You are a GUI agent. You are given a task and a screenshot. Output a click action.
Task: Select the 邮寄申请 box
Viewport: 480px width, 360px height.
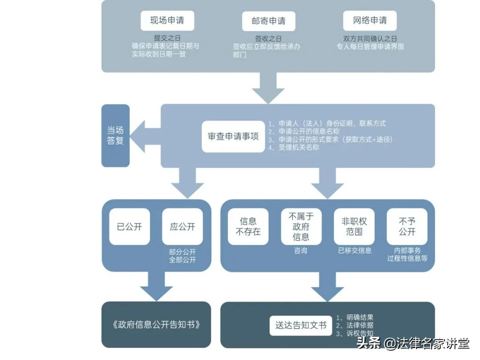click(268, 21)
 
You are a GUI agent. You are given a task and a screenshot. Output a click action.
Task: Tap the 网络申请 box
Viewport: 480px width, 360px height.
click(370, 20)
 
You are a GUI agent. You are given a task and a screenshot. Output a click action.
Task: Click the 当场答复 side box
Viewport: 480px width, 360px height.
click(115, 136)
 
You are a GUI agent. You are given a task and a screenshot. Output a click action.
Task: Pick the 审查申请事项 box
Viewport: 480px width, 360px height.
click(233, 136)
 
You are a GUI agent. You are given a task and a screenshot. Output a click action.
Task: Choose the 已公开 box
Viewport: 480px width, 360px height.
click(129, 227)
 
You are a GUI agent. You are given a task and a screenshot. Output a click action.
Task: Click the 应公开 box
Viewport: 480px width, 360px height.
click(182, 227)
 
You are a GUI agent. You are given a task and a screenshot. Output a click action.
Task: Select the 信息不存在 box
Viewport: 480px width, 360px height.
click(248, 227)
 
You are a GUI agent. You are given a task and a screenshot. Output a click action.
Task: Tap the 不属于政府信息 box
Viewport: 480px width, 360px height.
click(301, 227)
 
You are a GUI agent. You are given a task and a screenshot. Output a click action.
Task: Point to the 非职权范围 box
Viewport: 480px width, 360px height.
click(354, 227)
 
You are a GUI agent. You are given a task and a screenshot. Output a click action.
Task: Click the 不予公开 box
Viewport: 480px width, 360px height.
click(407, 227)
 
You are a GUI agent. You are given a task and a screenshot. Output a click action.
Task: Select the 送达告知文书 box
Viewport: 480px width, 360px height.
click(301, 325)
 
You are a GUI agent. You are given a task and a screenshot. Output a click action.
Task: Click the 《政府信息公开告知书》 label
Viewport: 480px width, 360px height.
click(156, 324)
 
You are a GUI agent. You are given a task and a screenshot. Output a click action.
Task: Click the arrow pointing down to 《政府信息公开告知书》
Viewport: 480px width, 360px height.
click(156, 286)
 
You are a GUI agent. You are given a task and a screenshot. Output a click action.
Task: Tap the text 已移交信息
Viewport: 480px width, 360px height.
click(355, 251)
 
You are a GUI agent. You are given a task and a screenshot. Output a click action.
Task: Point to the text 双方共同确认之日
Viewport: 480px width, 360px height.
click(370, 39)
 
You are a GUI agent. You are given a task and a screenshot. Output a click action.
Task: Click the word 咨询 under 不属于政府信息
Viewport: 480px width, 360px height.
click(300, 251)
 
